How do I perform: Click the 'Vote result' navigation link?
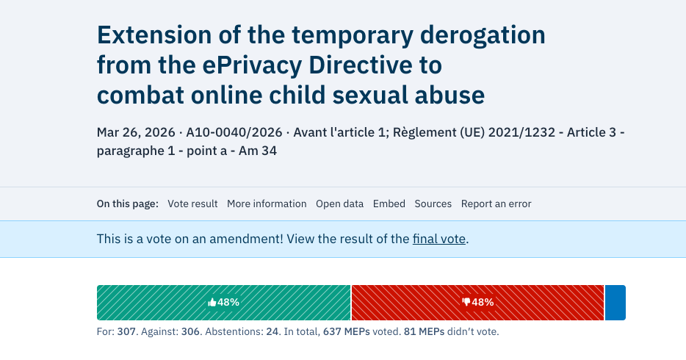(x=192, y=204)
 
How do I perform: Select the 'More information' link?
(x=267, y=204)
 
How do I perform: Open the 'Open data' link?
(x=339, y=204)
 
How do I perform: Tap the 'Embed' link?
(x=389, y=204)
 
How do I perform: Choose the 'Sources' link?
(x=433, y=204)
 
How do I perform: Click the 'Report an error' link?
(x=496, y=204)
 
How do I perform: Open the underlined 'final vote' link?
(x=438, y=239)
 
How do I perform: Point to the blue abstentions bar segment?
(x=615, y=302)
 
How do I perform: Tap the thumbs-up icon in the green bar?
(x=212, y=302)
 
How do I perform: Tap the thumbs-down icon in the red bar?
(x=466, y=302)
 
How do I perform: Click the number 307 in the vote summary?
(x=127, y=332)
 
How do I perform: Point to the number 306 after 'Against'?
(x=190, y=332)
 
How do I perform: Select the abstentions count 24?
(x=272, y=332)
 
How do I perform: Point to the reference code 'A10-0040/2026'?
(x=234, y=133)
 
